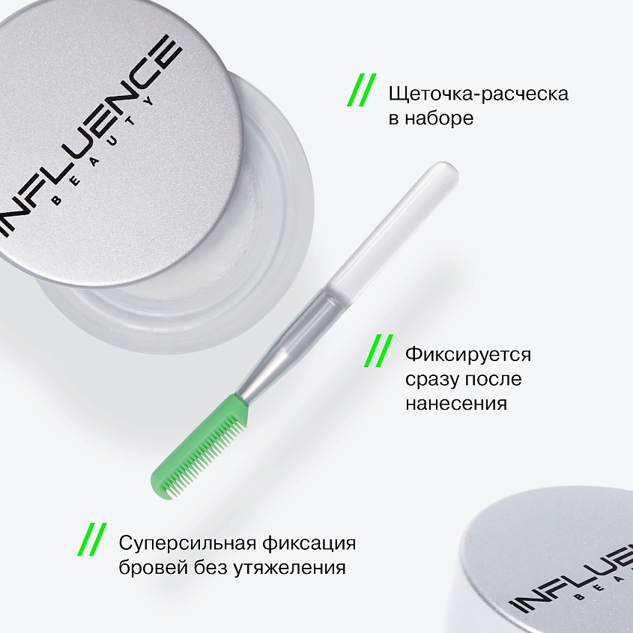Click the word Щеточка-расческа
(x=478, y=94)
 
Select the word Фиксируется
(x=467, y=354)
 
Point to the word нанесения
(x=456, y=402)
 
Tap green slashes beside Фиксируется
(x=381, y=352)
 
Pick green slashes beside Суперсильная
(x=94, y=541)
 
